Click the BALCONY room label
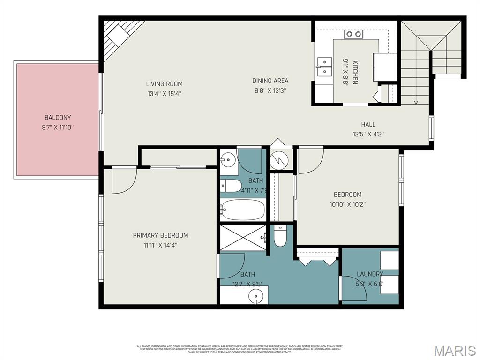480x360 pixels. click(x=58, y=118)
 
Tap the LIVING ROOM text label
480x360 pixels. click(x=164, y=84)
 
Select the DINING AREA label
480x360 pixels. click(x=270, y=81)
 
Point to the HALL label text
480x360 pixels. click(x=368, y=124)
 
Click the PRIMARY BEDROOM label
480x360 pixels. click(x=160, y=235)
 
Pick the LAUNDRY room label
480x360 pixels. click(x=370, y=274)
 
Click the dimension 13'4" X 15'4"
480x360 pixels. click(x=164, y=93)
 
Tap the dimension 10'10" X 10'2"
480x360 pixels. click(x=347, y=204)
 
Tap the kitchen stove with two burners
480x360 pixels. click(x=354, y=34)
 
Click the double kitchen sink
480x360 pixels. click(x=323, y=67)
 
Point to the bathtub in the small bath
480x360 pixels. click(x=243, y=210)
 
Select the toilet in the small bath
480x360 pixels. click(x=230, y=186)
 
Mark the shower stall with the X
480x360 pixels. click(x=243, y=238)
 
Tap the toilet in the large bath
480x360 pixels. click(x=280, y=237)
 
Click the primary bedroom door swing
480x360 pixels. click(x=123, y=180)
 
